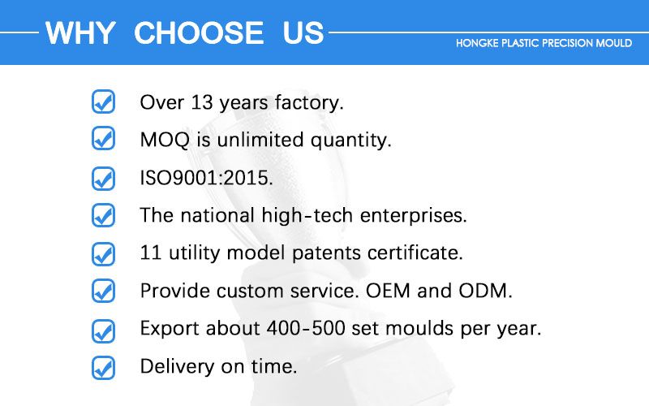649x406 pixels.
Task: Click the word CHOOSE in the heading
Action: (x=199, y=33)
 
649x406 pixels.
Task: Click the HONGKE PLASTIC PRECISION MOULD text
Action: (x=544, y=43)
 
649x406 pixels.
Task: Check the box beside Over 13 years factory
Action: (x=103, y=102)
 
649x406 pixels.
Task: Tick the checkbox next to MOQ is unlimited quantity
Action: (x=103, y=140)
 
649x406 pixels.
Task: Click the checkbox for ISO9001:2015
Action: (x=103, y=178)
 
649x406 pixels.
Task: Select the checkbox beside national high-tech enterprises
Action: (x=103, y=215)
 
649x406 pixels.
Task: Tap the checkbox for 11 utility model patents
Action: (x=103, y=253)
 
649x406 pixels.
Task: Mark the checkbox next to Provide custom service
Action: (x=103, y=291)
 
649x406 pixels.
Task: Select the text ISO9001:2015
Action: (x=206, y=178)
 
